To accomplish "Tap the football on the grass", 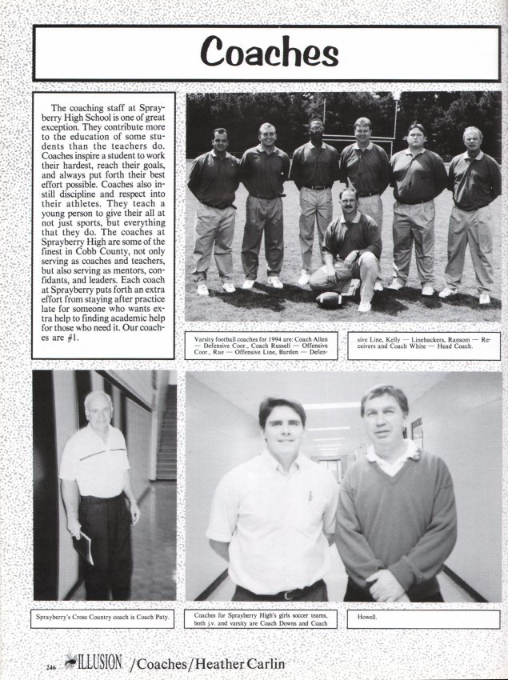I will [330, 299].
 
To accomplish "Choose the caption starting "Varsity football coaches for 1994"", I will [261, 346].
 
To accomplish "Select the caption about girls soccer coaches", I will [261, 618].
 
